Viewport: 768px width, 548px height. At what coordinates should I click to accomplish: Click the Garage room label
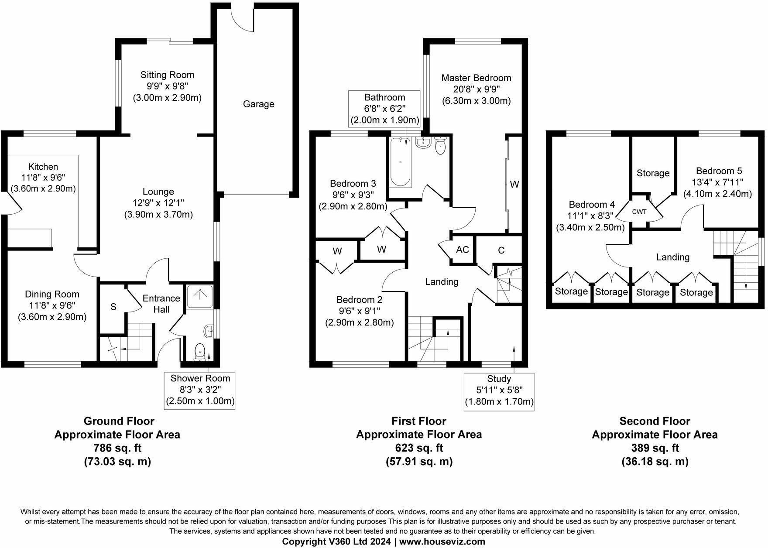pos(258,104)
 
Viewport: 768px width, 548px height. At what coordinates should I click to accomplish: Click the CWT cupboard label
pos(639,212)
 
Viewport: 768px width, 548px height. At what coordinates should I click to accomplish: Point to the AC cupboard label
pos(462,250)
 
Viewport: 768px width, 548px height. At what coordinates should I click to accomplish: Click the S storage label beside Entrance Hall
pos(113,307)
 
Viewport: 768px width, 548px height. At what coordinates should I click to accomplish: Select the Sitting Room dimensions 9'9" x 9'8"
pos(167,86)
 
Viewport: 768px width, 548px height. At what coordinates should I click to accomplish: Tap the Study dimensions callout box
pos(499,391)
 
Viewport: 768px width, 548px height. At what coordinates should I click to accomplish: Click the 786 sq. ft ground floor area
pos(117,448)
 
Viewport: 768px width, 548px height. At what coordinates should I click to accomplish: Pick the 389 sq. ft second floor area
pos(655,448)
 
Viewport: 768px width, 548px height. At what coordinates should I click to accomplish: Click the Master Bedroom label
pos(476,78)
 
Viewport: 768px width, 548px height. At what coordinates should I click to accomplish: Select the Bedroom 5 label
pos(719,171)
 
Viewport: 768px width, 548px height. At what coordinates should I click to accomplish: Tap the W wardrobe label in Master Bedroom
pos(514,185)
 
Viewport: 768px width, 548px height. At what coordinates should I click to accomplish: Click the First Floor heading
pos(418,421)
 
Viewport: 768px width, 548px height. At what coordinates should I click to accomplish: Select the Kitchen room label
pos(43,167)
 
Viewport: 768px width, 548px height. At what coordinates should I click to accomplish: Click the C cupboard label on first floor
pos(501,250)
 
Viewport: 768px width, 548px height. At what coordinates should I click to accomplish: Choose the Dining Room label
pos(52,295)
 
